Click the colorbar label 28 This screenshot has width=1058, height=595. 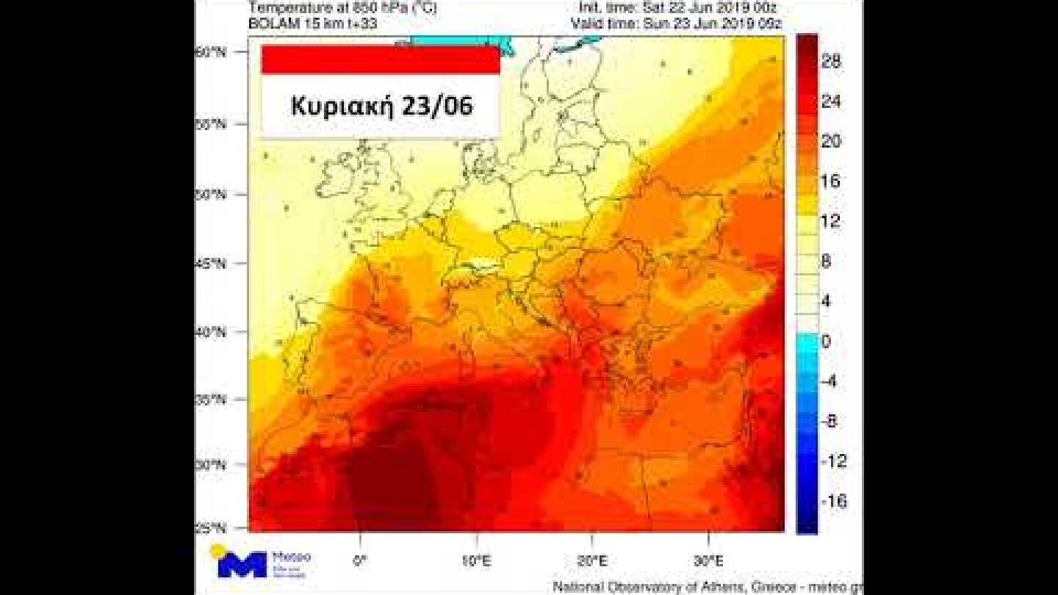[x=831, y=63]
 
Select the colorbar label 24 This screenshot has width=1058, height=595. [x=831, y=103]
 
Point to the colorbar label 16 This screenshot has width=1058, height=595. [x=831, y=181]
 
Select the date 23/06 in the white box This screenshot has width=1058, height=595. [x=436, y=107]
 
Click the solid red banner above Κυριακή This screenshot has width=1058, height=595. [x=381, y=59]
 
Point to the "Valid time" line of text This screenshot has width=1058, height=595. [x=676, y=24]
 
